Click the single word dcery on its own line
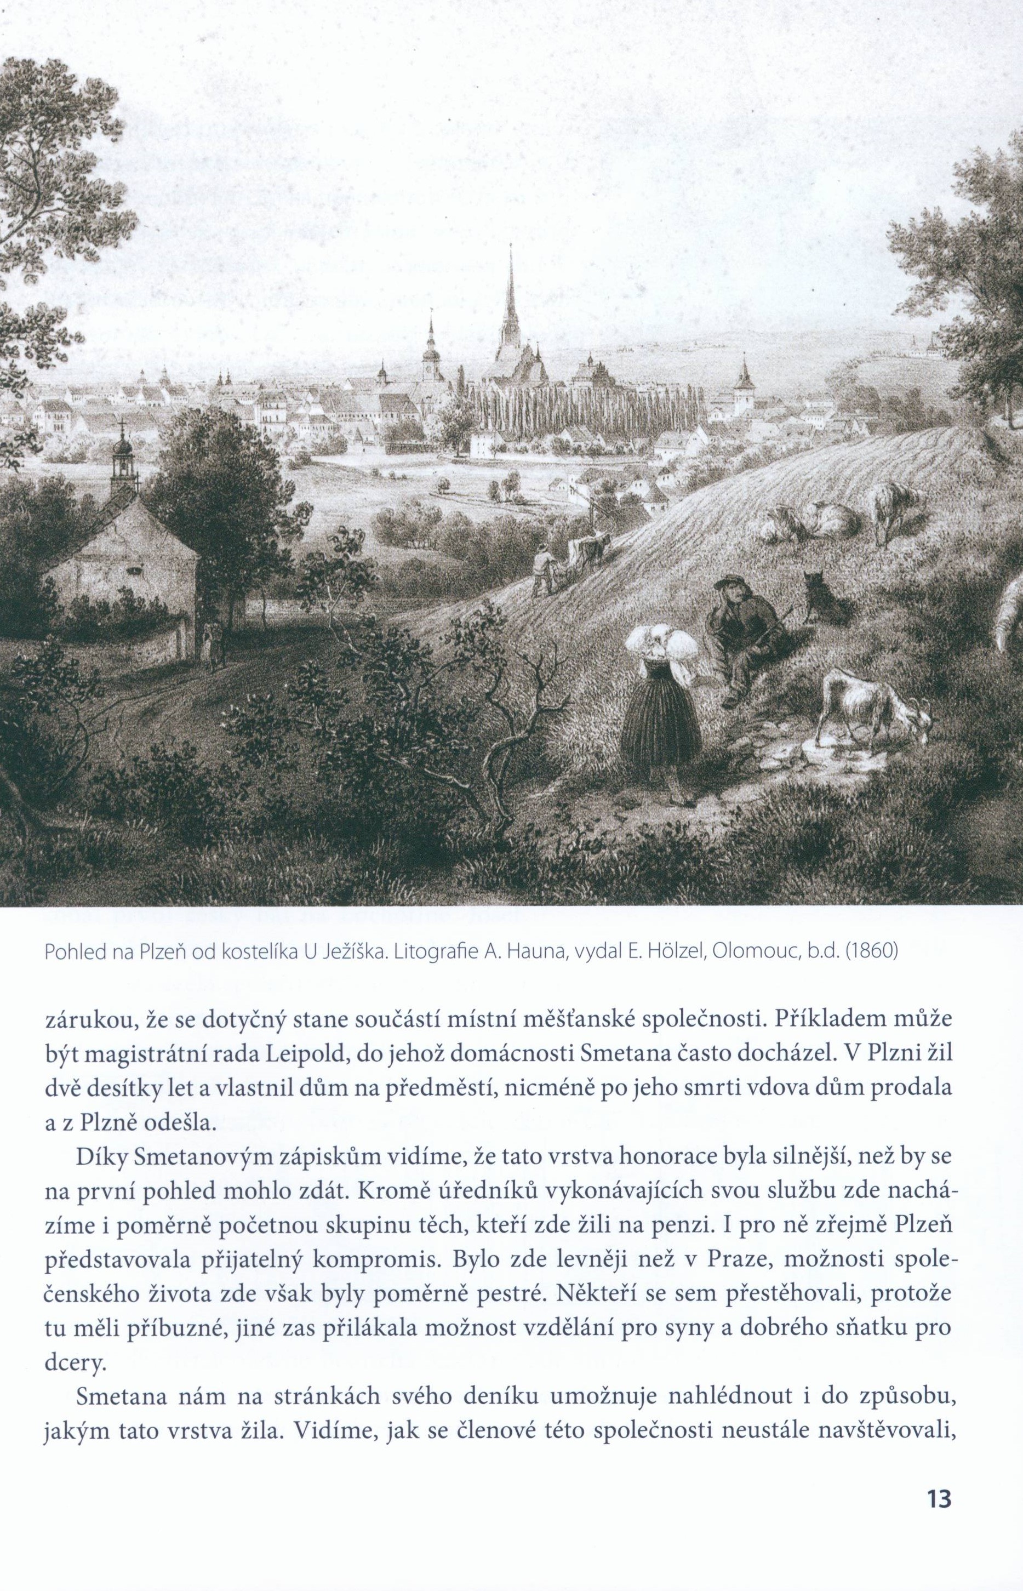(75, 1366)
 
